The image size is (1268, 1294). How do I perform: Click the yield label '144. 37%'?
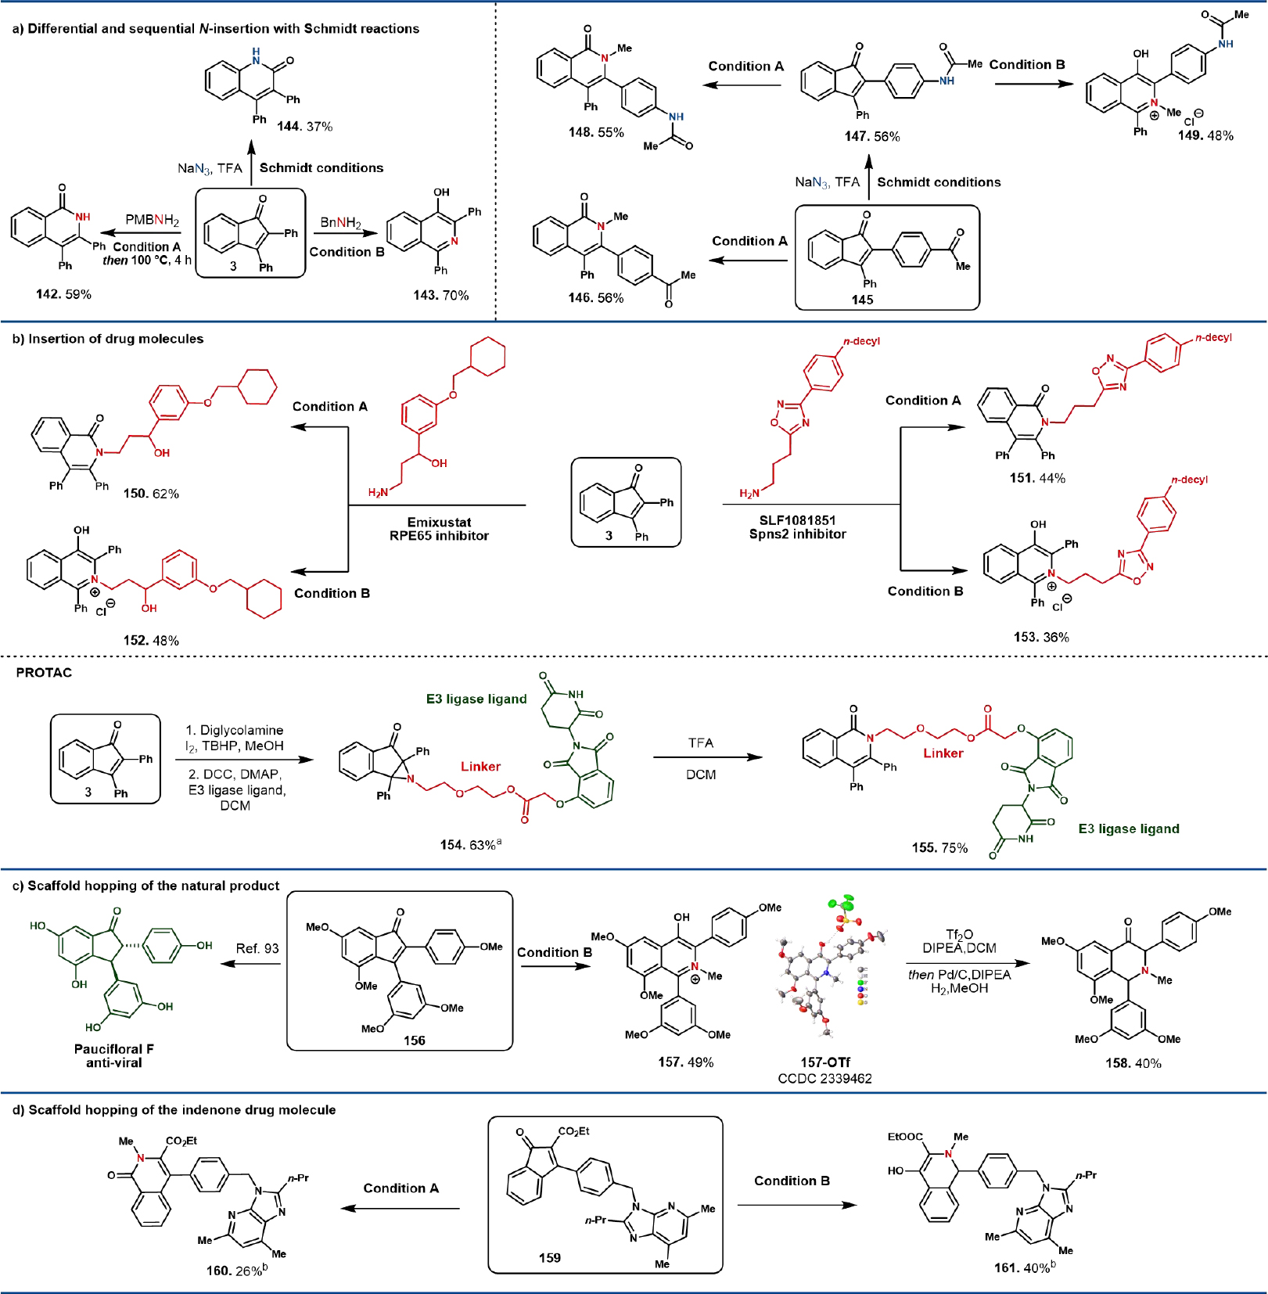pos(304,126)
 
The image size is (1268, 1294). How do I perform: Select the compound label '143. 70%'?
pos(440,295)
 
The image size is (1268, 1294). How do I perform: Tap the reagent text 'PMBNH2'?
pos(152,221)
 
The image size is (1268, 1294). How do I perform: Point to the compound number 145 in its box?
pos(862,300)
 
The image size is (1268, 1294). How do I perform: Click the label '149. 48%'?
pos(1205,135)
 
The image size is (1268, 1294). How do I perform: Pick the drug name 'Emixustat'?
pos(439,522)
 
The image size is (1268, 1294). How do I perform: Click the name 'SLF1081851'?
pos(797,520)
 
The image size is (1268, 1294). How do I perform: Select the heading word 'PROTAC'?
pos(44,673)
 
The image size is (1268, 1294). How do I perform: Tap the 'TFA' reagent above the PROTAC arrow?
pos(701,742)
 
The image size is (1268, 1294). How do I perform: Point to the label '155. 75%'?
pos(939,847)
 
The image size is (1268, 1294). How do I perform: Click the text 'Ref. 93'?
pos(257,948)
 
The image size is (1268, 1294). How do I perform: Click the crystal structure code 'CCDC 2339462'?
pos(824,1079)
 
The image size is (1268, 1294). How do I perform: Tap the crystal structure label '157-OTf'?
pos(824,1062)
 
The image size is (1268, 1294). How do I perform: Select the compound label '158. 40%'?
pos(1133,1063)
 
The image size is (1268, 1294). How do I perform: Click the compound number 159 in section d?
pos(549,1258)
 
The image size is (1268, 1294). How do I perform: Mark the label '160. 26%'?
pos(235,1271)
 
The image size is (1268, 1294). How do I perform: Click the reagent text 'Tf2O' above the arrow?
pos(959,934)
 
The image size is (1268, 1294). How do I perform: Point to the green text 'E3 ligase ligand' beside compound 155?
pos(1128,829)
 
